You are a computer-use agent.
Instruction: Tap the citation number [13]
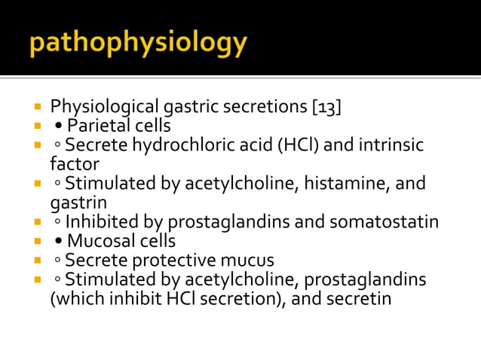[x=326, y=106]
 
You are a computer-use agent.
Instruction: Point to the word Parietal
[x=98, y=125]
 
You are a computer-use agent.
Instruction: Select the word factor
[x=74, y=163]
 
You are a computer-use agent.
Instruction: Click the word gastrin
[x=78, y=202]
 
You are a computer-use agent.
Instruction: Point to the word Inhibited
[x=98, y=222]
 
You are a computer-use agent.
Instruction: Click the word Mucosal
[x=100, y=241]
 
